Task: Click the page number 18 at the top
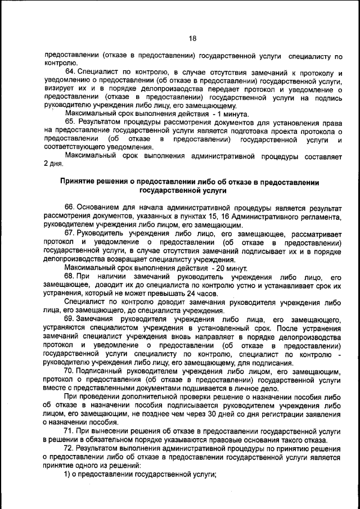coord(192,39)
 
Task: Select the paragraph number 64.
coord(70,73)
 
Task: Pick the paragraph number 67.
coord(70,233)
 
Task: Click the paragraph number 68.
coord(70,277)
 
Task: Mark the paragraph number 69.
coord(70,319)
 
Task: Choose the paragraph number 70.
coord(70,371)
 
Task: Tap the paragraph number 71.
coord(70,431)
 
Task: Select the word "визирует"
coord(59,88)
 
